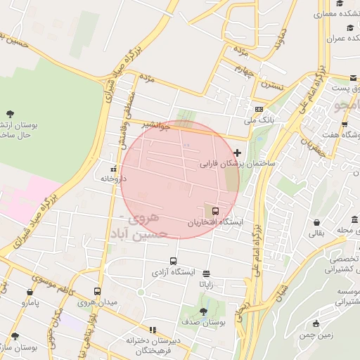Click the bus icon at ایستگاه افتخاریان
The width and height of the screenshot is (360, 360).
click(x=215, y=210)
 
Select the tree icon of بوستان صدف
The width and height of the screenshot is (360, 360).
click(x=203, y=311)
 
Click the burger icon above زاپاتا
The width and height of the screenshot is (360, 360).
click(x=206, y=274)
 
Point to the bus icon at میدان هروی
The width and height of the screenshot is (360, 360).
click(x=97, y=291)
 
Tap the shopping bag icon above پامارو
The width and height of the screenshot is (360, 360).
click(x=30, y=292)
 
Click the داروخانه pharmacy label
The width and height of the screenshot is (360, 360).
click(x=113, y=179)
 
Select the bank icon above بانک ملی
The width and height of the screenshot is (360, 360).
click(x=259, y=109)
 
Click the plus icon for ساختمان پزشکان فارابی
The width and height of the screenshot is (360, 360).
click(x=238, y=153)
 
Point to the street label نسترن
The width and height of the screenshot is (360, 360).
click(x=271, y=84)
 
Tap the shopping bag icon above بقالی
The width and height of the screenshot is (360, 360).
click(x=317, y=223)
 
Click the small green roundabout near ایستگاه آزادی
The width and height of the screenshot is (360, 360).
click(x=141, y=292)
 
